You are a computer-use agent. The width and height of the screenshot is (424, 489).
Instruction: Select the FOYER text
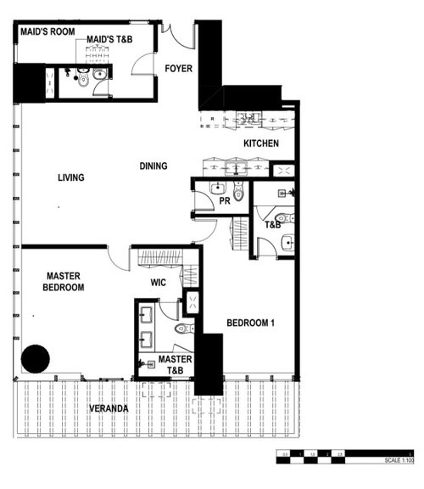click(x=178, y=68)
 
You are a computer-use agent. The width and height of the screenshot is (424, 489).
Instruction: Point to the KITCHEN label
click(x=260, y=143)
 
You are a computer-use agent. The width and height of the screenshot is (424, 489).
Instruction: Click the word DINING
click(x=153, y=166)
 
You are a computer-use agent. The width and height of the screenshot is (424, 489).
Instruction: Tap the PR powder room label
click(x=225, y=202)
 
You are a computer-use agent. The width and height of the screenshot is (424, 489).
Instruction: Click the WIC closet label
click(x=158, y=282)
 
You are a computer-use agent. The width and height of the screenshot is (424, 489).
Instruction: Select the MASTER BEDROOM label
click(x=64, y=282)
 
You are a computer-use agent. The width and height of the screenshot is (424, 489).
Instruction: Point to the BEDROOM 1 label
click(x=250, y=323)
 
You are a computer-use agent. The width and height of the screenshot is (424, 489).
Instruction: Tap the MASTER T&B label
click(x=175, y=366)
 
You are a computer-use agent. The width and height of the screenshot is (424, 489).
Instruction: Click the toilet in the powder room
click(x=238, y=194)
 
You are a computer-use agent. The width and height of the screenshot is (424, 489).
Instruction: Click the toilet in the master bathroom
click(x=181, y=328)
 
